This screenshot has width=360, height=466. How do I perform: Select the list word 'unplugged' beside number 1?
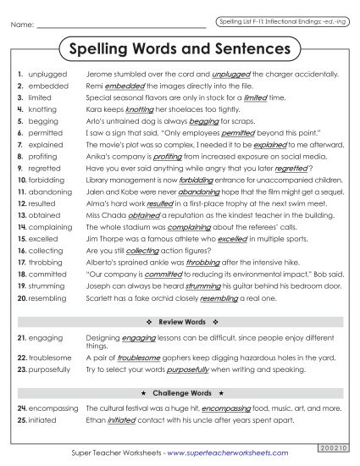click(x=47, y=75)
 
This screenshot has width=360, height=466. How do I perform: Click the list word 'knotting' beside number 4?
click(x=43, y=109)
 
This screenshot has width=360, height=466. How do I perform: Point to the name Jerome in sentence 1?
click(x=100, y=75)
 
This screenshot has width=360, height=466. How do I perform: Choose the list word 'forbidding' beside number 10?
click(x=47, y=180)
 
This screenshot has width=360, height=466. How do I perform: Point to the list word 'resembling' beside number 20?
click(x=48, y=298)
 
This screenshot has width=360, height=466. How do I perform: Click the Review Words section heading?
click(x=179, y=323)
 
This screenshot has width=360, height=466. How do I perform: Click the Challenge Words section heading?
click(x=179, y=394)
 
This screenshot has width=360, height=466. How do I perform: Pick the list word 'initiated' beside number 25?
click(x=43, y=420)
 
